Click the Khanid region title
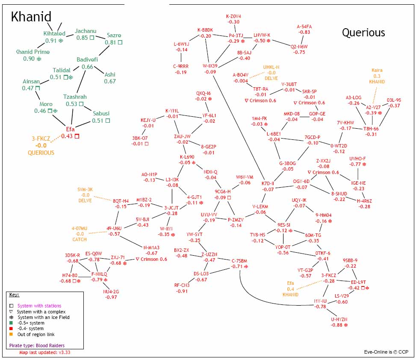point(31,17)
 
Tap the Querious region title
point(363,32)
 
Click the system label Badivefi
point(87,60)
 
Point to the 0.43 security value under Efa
point(67,136)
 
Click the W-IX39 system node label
point(210,66)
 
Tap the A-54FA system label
point(304,27)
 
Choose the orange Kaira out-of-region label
point(377,70)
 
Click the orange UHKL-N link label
point(271,67)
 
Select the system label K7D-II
point(268,183)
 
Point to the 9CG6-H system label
point(223,191)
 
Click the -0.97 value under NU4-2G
point(111,297)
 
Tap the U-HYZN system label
point(339,319)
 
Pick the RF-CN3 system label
point(182,285)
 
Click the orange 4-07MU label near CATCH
point(80,228)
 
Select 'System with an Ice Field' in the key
point(43,317)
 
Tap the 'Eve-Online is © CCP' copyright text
point(386,352)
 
